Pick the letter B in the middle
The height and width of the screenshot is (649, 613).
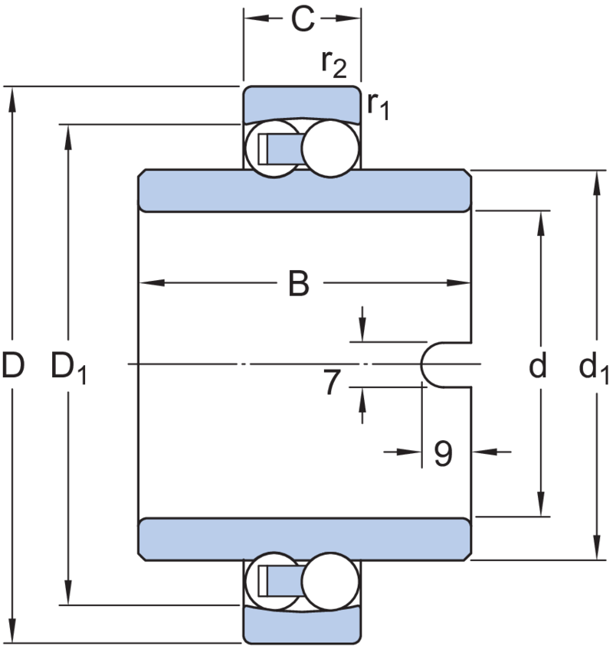click(x=300, y=284)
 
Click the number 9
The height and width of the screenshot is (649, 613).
click(x=441, y=454)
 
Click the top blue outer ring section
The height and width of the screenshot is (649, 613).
click(x=302, y=103)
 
